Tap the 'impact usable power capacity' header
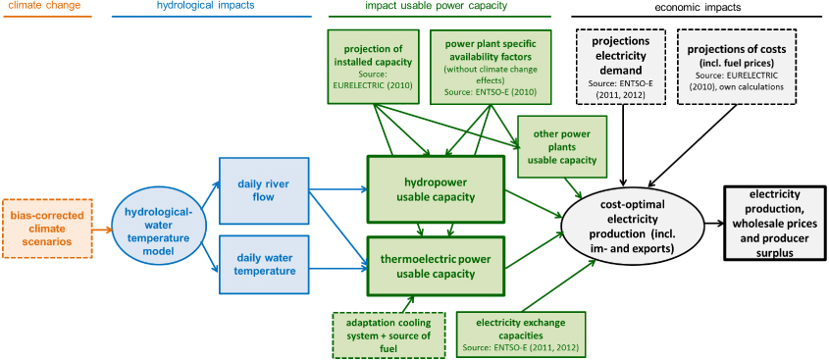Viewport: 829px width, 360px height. [x=431, y=7]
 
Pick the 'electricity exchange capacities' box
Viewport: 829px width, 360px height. [x=520, y=334]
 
